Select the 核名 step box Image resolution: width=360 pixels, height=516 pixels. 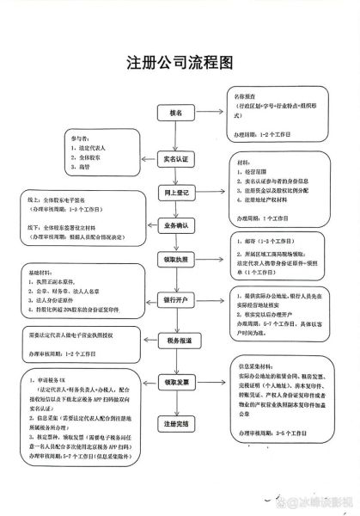[x=177, y=114]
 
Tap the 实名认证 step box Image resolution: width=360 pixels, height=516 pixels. [x=177, y=161]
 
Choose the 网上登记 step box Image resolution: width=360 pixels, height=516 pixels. [x=179, y=193]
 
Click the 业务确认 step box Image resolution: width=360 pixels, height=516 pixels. [x=179, y=225]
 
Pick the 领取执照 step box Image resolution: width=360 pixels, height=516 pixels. [x=179, y=259]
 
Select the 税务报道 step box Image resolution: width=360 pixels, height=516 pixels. [x=179, y=341]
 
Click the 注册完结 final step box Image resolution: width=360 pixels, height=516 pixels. [x=179, y=425]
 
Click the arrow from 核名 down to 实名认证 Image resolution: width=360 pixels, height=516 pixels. [x=178, y=137]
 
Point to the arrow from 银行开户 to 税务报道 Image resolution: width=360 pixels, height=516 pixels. [x=178, y=322]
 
